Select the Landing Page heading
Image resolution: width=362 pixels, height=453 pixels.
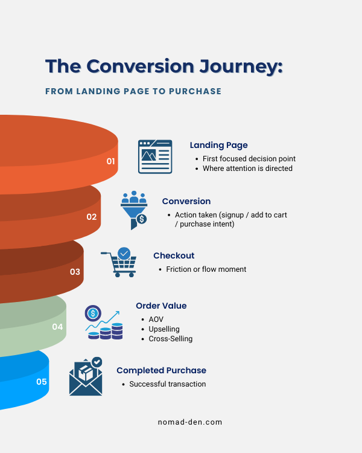218,145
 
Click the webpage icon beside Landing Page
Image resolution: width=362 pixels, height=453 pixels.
155,156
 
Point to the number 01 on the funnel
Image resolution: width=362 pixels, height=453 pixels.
111,161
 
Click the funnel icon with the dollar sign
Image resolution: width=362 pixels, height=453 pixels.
134,210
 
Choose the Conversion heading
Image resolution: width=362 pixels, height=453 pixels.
186,201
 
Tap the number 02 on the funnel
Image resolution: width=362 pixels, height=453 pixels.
92,216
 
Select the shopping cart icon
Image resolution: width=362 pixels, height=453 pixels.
119,262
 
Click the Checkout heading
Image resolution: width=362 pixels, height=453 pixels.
174,255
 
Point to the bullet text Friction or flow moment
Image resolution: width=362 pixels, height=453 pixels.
206,269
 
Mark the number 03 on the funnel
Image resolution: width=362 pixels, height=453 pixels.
75,272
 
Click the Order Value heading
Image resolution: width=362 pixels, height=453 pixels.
161,306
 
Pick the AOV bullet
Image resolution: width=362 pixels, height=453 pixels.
156,319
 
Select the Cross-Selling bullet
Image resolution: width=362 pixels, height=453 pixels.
171,339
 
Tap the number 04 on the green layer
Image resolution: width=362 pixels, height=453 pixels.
57,327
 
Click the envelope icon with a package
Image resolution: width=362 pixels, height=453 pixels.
86,377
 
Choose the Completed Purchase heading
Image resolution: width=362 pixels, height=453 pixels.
161,370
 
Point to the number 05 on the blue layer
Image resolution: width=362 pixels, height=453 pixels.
42,382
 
